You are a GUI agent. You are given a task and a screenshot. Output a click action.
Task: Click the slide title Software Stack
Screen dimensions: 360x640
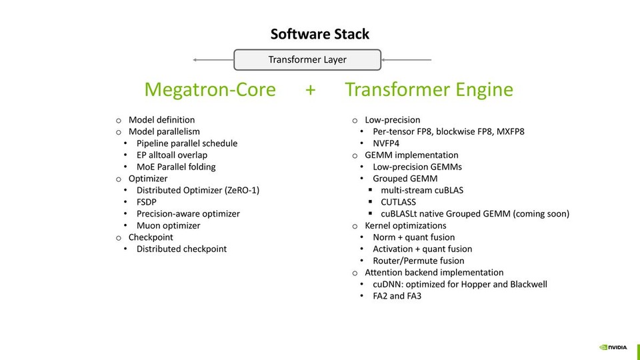(319, 34)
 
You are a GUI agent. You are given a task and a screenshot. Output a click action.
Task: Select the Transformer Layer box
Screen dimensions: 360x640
(307, 60)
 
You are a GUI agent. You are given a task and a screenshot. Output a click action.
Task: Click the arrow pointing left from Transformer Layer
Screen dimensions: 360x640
(212, 60)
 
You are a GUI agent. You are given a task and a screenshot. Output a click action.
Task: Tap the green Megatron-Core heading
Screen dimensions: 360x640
(210, 90)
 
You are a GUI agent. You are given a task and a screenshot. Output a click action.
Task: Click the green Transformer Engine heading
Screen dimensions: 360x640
(429, 90)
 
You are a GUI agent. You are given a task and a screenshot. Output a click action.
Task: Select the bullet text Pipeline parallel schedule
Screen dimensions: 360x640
(187, 143)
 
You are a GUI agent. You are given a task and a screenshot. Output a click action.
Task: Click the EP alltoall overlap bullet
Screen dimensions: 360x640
(172, 155)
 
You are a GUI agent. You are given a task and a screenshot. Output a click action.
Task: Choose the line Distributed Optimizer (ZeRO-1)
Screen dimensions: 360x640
(198, 191)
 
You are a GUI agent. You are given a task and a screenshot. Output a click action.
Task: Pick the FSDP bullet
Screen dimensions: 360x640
(147, 202)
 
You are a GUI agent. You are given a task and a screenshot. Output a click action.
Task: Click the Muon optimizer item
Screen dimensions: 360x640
(168, 225)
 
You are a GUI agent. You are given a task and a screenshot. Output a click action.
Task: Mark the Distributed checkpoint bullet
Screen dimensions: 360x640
(181, 249)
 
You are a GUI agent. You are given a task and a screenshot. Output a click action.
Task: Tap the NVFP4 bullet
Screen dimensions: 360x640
(386, 143)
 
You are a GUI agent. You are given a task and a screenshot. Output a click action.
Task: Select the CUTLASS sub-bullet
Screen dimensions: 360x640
(398, 202)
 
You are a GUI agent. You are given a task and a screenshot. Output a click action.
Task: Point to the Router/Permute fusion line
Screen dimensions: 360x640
(418, 261)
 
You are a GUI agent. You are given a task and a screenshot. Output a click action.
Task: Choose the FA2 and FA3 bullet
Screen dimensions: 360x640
(397, 295)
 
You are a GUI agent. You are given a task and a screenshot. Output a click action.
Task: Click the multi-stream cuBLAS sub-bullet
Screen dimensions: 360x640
(422, 191)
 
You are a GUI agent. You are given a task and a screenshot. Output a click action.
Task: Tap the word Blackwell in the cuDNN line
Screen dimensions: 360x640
(525, 284)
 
